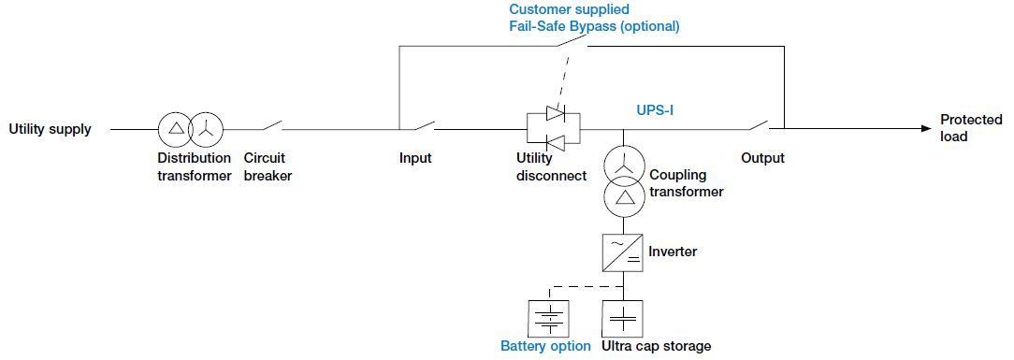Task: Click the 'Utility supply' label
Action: [51, 129]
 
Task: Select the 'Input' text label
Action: [415, 158]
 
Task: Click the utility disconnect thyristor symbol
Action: [554, 128]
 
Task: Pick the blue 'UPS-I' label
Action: [650, 110]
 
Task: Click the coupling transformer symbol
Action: [623, 180]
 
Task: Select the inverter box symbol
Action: [623, 252]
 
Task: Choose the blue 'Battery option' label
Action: [545, 347]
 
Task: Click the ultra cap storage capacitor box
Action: [623, 318]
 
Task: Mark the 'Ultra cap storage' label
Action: [658, 347]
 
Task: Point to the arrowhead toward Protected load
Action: [925, 129]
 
